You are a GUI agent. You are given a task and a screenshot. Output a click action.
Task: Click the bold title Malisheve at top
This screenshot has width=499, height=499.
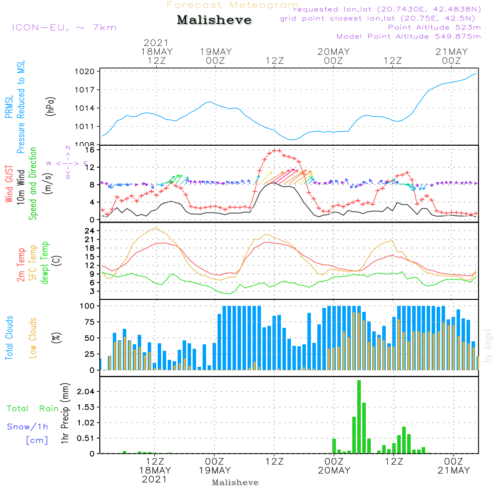click(214, 20)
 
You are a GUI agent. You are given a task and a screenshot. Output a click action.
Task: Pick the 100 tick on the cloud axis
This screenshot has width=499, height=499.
click(88, 305)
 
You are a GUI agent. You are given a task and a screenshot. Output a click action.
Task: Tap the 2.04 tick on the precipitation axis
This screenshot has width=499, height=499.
click(85, 392)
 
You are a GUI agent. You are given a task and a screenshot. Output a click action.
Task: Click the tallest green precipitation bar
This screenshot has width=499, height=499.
click(359, 417)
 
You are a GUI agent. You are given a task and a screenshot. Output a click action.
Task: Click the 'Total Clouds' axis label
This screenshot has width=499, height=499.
click(9, 338)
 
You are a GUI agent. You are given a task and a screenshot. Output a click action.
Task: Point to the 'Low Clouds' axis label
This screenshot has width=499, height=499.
click(33, 338)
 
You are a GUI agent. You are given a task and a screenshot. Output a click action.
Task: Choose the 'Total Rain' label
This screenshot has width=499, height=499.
click(33, 409)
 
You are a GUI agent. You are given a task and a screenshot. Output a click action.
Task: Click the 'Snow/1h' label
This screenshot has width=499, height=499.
click(28, 427)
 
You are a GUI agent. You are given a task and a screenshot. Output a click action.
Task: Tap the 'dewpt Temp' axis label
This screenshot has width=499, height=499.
click(45, 262)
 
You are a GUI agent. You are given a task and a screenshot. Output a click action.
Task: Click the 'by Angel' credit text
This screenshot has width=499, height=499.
click(488, 346)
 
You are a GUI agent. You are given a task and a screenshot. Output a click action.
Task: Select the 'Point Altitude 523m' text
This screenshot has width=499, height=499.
click(434, 27)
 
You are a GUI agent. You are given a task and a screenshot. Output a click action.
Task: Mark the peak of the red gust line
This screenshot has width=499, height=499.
click(275, 150)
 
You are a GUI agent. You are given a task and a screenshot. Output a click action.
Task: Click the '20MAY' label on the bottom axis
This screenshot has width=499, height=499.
click(333, 471)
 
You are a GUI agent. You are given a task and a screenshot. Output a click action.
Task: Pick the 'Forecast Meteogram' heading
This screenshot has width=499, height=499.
click(233, 5)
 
